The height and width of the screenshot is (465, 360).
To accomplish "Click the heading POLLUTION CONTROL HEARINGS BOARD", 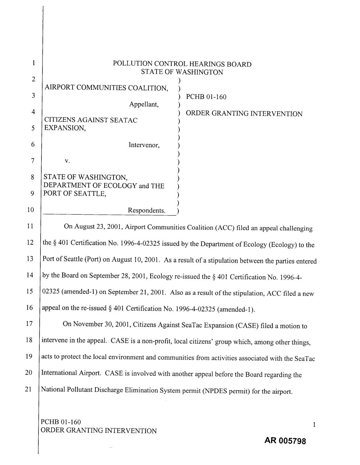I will click(182, 64).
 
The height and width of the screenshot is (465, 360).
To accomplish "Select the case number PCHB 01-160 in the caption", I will click(206, 97).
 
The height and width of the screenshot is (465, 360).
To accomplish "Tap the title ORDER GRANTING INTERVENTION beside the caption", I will click(244, 114).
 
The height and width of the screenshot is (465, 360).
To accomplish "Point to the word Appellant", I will click(144, 105).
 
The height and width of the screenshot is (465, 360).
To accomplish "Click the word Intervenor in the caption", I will click(144, 145).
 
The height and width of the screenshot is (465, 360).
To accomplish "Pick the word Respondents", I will click(147, 210).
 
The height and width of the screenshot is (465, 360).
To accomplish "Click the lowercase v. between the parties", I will click(67, 161).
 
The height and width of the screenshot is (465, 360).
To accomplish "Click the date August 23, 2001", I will click(99, 227).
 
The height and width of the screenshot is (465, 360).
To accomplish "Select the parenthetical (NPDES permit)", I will click(226, 391).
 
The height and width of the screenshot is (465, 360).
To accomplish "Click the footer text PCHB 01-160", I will click(61, 422).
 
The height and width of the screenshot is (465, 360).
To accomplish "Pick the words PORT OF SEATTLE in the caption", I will click(75, 194).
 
